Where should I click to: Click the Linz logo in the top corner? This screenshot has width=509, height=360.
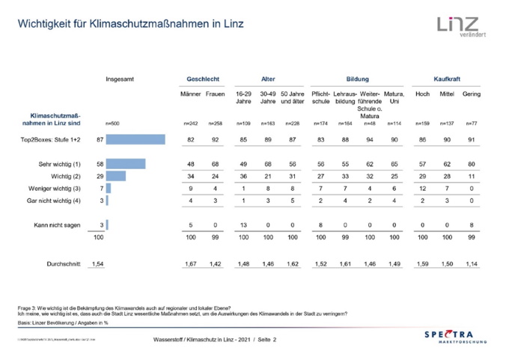pos(459,28)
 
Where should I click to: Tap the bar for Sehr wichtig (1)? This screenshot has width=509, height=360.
pos(126,163)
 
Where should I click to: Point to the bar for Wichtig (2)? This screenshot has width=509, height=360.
pos(116,175)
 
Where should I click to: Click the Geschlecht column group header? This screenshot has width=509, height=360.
pos(202,78)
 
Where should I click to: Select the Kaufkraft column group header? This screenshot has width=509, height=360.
pos(447,78)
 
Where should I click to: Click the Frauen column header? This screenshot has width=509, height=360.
pos(215,94)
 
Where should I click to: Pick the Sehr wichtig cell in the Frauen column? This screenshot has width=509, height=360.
pos(216,163)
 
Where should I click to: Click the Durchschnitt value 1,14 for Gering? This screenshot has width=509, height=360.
pos(471,265)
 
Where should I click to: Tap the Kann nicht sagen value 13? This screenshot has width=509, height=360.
pos(243,225)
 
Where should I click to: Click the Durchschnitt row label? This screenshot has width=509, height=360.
pos(64,265)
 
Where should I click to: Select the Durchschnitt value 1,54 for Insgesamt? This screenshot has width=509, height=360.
pos(97,265)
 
